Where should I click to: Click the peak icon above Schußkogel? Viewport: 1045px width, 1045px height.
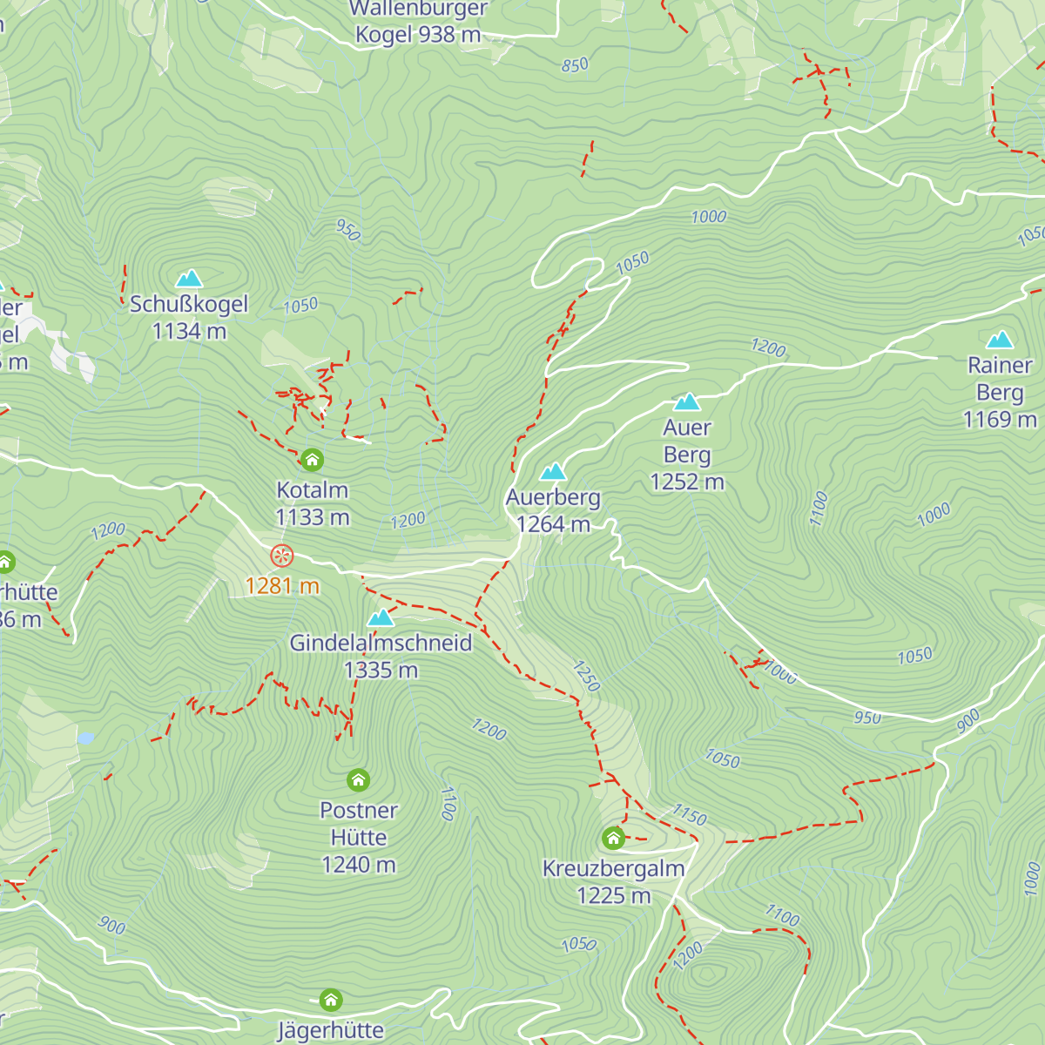[x=189, y=279]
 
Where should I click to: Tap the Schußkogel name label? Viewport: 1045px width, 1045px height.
[x=189, y=304]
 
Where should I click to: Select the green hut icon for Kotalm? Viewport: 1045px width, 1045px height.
[x=312, y=460]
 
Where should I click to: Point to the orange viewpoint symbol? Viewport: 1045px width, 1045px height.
[x=281, y=555]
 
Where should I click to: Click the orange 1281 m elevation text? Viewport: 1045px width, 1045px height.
[x=282, y=586]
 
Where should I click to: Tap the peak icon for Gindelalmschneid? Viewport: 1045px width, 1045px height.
[x=381, y=618]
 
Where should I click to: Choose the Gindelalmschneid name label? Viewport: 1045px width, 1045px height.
[x=381, y=644]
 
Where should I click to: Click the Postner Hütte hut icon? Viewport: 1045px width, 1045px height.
[x=358, y=779]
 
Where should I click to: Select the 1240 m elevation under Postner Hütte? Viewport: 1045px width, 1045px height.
[x=358, y=865]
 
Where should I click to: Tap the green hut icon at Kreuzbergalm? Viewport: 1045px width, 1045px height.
[x=613, y=839]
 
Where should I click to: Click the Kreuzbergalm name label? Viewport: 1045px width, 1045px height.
[x=613, y=869]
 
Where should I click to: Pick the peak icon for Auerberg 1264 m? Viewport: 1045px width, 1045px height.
[x=553, y=472]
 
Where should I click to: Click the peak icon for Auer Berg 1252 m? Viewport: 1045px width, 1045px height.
[x=687, y=401]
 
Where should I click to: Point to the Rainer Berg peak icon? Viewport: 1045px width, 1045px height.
[x=1000, y=340]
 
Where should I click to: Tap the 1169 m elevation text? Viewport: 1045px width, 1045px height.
[x=1000, y=420]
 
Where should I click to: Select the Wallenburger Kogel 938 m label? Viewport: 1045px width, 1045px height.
[x=418, y=22]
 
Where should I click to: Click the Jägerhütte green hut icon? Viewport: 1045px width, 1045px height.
[x=330, y=1000]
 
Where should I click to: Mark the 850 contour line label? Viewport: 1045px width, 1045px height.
[x=575, y=65]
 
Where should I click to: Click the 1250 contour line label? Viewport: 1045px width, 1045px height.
[x=586, y=677]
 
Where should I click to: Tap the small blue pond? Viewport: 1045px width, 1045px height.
[x=85, y=738]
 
